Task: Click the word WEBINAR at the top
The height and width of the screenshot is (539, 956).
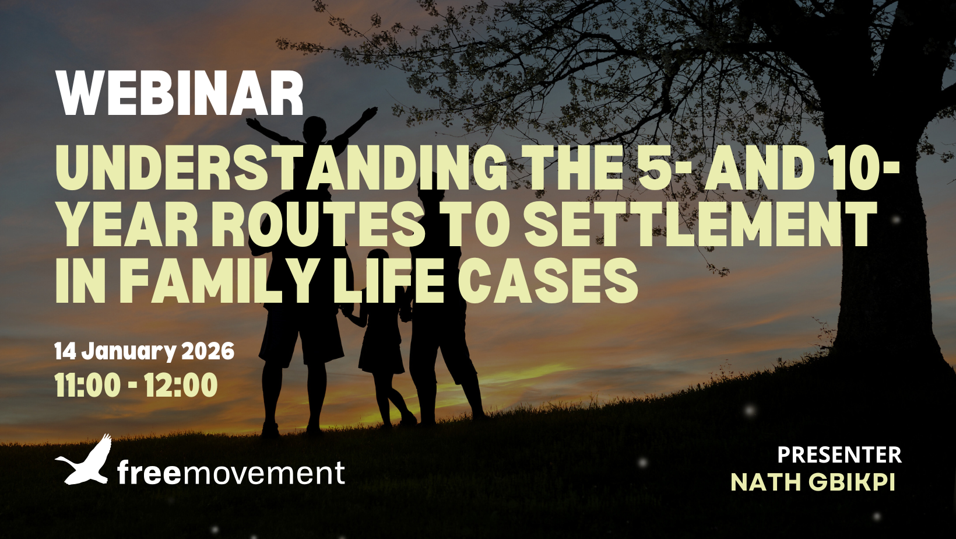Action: click(180, 94)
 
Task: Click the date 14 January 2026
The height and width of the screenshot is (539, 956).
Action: click(145, 352)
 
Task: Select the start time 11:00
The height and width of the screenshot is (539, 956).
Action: click(88, 385)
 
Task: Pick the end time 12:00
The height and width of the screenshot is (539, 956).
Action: click(181, 385)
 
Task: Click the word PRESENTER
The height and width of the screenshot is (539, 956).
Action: click(839, 455)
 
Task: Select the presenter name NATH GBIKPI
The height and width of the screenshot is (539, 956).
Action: click(813, 482)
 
